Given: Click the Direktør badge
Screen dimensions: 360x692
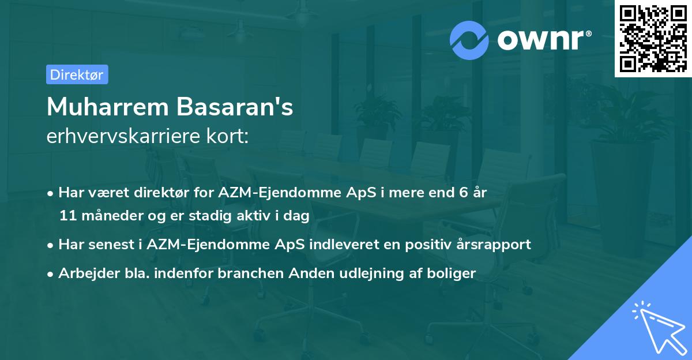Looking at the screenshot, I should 77,74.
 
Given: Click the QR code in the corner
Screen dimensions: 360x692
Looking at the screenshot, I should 653,38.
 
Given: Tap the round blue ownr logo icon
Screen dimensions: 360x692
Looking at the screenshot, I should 469,40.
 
